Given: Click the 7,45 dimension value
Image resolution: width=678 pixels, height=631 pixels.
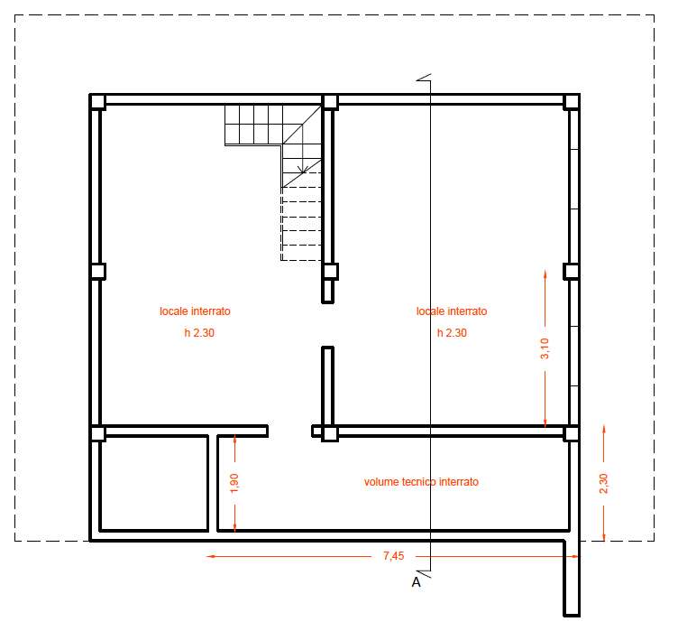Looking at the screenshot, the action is pyautogui.click(x=393, y=556).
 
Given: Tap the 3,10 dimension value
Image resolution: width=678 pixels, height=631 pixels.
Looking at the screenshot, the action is pyautogui.click(x=545, y=348).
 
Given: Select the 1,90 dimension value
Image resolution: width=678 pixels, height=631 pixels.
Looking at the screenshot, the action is pyautogui.click(x=234, y=483).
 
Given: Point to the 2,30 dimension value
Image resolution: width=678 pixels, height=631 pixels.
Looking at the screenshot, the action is pyautogui.click(x=604, y=483).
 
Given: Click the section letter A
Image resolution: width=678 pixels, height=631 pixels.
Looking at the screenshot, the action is pyautogui.click(x=416, y=582).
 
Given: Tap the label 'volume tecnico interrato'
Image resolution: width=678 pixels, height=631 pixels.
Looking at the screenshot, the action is pyautogui.click(x=421, y=481).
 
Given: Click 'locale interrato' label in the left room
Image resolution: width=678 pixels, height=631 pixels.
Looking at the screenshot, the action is pyautogui.click(x=195, y=311).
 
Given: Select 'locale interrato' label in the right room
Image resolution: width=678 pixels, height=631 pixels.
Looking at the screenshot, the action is pyautogui.click(x=452, y=311).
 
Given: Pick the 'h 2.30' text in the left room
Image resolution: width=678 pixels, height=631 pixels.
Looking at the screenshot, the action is pyautogui.click(x=199, y=332).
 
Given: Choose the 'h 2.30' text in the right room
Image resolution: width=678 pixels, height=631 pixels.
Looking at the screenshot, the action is pyautogui.click(x=452, y=332).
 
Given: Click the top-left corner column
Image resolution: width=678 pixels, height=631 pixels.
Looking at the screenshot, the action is pyautogui.click(x=97, y=102).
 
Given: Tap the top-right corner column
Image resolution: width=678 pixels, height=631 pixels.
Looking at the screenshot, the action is pyautogui.click(x=572, y=102).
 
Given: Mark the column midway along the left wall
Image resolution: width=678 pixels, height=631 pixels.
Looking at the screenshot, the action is pyautogui.click(x=97, y=272).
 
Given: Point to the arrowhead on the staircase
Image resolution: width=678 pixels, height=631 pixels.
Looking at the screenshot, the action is pyautogui.click(x=303, y=169).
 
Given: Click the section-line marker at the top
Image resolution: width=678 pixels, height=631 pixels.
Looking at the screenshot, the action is pyautogui.click(x=424, y=78).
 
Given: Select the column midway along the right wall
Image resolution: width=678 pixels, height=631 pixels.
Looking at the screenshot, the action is pyautogui.click(x=572, y=272).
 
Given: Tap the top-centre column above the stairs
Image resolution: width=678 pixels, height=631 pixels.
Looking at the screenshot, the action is pyautogui.click(x=330, y=102).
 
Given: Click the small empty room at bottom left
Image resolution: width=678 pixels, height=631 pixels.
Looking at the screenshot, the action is pyautogui.click(x=153, y=482).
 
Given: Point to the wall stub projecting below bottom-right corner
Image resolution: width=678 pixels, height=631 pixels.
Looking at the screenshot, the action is pyautogui.click(x=572, y=578).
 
